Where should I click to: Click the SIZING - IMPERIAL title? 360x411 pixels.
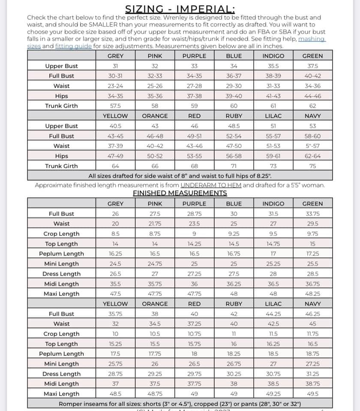(x=180, y=9)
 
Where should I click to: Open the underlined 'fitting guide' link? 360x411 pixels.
(x=74, y=46)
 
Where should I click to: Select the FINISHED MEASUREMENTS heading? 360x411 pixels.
(x=180, y=193)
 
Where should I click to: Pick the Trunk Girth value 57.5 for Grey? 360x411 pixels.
(x=115, y=106)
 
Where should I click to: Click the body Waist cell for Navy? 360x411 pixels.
(x=312, y=146)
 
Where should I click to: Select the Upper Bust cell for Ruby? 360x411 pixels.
(x=234, y=126)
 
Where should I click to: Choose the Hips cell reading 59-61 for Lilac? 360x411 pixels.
(x=273, y=156)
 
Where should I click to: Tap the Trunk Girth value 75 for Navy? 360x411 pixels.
(x=312, y=166)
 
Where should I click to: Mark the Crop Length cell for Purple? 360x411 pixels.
(x=194, y=234)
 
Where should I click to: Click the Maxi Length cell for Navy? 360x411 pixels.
(x=312, y=394)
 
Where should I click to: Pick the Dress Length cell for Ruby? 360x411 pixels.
(x=234, y=374)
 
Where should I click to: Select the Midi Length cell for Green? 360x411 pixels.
(x=312, y=284)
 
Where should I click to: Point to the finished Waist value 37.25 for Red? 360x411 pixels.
(x=194, y=324)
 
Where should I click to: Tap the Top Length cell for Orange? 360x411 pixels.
(x=155, y=344)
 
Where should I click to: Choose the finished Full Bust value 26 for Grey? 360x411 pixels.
(x=115, y=214)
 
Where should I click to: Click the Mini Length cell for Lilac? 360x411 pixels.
(x=273, y=364)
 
